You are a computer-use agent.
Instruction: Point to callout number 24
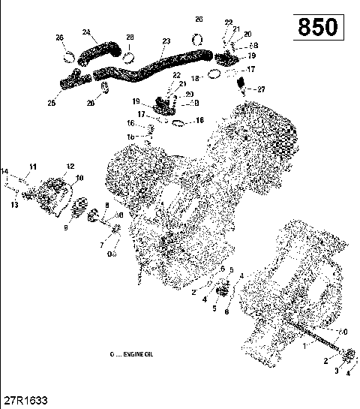click(x=86, y=32)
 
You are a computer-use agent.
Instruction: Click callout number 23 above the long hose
click(x=166, y=41)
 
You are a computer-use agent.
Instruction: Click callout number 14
click(x=5, y=171)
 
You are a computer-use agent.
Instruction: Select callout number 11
click(x=32, y=166)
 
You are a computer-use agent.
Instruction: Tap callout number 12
click(x=70, y=166)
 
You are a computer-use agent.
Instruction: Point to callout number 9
click(x=66, y=227)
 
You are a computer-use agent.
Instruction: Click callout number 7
click(x=102, y=245)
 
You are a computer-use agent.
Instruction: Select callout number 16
click(x=130, y=123)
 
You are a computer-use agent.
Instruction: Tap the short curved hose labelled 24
click(x=97, y=53)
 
